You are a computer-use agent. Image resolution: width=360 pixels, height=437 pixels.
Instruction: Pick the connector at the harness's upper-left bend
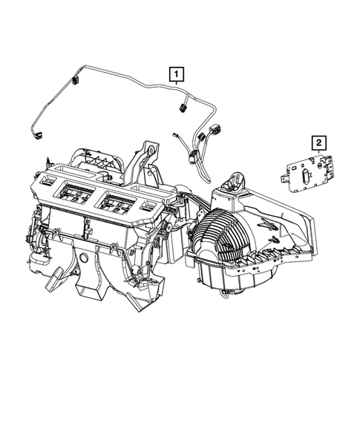[x=76, y=80]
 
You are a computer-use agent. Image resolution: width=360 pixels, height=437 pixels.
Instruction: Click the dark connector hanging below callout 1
[x=180, y=109]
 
